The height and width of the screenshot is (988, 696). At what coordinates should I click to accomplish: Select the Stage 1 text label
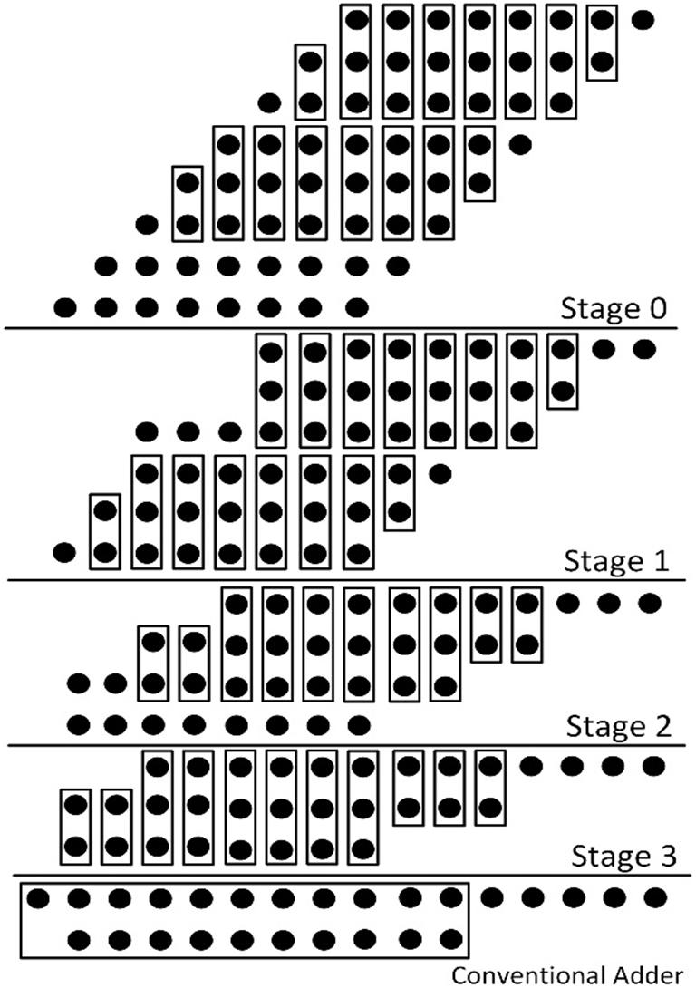coord(616,561)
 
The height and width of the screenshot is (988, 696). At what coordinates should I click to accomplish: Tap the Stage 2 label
coord(618,726)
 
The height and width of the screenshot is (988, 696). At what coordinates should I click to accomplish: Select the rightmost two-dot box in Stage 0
coord(602,42)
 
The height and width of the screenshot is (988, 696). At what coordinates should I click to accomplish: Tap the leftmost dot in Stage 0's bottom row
coord(64,306)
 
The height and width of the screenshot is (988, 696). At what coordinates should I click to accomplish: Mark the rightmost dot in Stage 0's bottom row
coord(357,306)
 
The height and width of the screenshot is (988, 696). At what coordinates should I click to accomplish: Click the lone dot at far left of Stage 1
coord(63,550)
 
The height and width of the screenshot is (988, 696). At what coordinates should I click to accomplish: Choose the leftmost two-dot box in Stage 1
coord(105,530)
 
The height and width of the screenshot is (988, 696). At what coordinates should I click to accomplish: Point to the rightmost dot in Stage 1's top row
coord(643,349)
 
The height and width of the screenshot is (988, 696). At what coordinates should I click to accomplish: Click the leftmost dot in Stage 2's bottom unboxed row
coord(79,724)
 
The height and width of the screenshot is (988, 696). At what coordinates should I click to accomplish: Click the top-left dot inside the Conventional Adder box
coord(38,898)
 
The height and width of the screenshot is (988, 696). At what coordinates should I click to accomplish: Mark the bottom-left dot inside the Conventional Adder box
coord(79,937)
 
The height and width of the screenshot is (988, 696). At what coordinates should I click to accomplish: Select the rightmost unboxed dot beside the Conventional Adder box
coord(654,898)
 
